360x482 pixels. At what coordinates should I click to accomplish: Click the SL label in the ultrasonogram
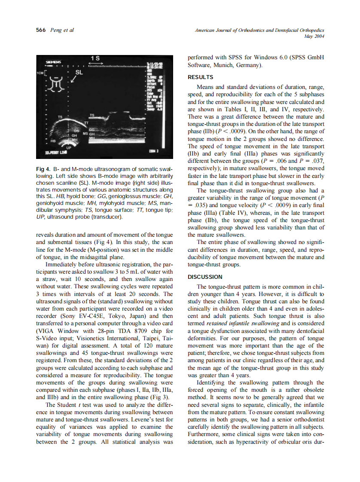point(79,72)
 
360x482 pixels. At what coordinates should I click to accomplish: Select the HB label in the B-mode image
point(53,140)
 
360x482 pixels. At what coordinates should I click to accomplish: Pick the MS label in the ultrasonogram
point(85,134)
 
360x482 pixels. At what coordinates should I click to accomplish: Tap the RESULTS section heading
point(200,77)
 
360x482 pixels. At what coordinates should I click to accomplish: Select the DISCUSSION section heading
point(205,277)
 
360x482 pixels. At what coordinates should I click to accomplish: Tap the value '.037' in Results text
point(317,161)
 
